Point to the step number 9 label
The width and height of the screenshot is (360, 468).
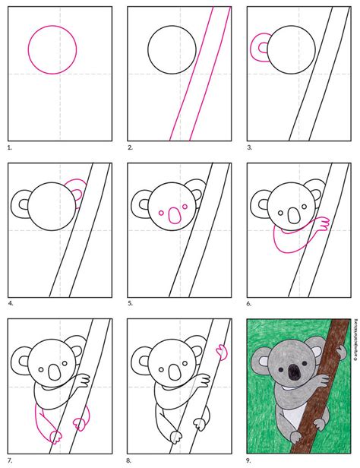pyautogui.click(x=250, y=459)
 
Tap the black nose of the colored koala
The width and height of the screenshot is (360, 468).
pyautogui.click(x=292, y=372)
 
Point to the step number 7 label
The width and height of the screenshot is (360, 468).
pyautogui.click(x=10, y=459)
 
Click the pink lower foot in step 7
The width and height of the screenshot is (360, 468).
pyautogui.click(x=55, y=437)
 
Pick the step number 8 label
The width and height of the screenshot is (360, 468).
pyautogui.click(x=130, y=459)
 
